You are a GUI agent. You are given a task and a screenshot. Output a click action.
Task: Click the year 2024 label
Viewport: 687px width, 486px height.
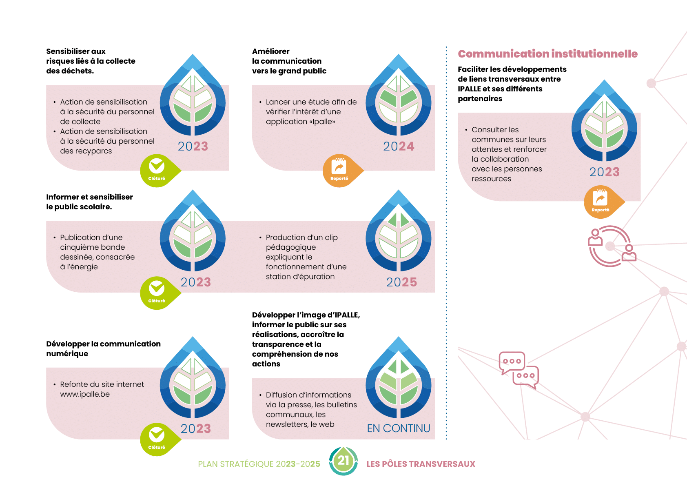[x=399, y=146]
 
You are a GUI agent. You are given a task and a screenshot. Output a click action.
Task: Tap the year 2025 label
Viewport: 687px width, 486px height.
[x=401, y=282]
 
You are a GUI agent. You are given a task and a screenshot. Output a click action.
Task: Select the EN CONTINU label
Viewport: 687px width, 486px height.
[x=399, y=428]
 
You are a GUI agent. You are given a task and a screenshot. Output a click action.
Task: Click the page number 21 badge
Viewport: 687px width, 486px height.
[x=343, y=461]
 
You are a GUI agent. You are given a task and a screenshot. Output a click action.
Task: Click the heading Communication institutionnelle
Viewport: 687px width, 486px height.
[x=547, y=54]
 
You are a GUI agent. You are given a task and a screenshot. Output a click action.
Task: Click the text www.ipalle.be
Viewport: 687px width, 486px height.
[x=85, y=394]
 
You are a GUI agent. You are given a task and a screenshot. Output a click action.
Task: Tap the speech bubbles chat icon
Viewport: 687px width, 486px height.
[x=519, y=370]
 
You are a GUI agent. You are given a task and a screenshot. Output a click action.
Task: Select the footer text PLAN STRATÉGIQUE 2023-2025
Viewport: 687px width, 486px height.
[x=259, y=464]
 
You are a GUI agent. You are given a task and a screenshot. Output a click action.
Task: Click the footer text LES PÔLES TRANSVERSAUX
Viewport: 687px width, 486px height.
[x=421, y=464]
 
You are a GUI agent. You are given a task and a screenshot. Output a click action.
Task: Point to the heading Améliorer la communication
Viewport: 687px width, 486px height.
[x=289, y=61]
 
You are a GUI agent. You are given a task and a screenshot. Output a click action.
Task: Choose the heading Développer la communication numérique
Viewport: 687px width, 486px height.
[x=103, y=348]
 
